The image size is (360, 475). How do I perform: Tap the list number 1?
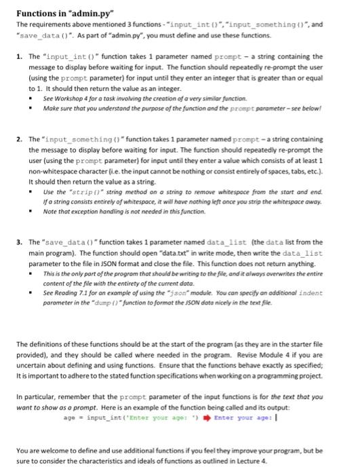pos(20,57)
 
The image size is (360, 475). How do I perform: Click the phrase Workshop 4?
pos(66,98)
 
